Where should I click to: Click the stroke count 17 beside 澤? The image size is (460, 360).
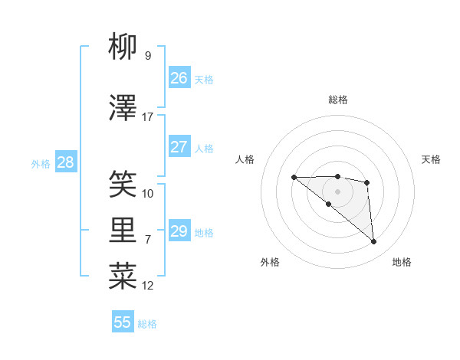148,117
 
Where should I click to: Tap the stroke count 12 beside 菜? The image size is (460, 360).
148,286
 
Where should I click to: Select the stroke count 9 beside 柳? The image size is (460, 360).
148,55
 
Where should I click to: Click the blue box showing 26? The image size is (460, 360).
179,78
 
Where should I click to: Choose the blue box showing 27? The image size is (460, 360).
179,147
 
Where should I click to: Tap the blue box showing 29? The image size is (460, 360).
179,231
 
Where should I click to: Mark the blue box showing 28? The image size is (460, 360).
65,162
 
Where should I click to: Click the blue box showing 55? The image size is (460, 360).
123,322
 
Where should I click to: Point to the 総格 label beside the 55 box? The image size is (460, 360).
147,324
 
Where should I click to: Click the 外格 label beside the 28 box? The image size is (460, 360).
41,164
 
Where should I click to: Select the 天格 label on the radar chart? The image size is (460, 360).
431,159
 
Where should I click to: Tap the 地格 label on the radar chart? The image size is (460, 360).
402,262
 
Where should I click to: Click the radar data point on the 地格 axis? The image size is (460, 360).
374,242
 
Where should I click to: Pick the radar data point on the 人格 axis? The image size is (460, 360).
294,178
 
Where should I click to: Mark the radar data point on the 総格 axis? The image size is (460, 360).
337,177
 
